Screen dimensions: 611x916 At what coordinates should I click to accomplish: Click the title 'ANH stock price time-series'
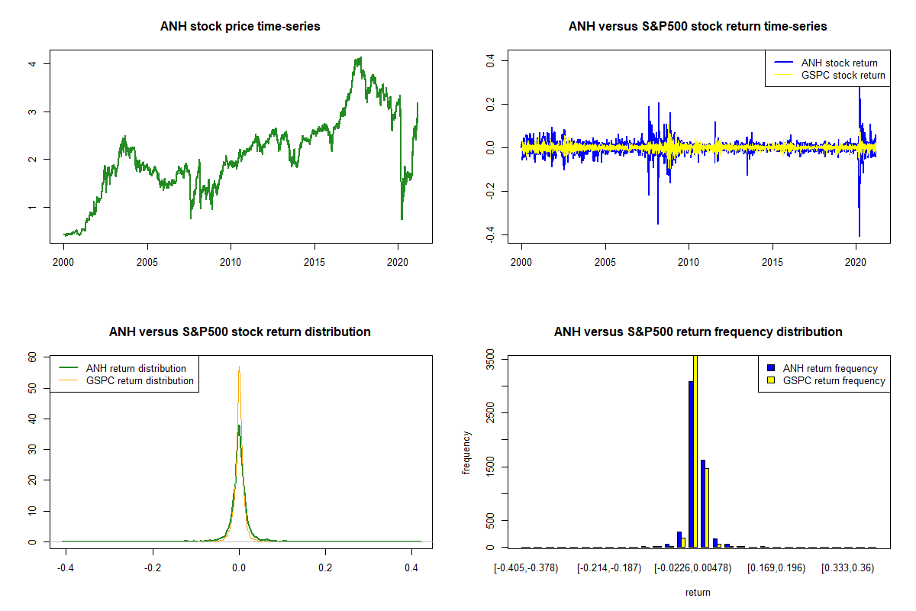click(x=240, y=27)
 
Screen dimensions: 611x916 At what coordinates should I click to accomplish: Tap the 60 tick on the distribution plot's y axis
click(x=33, y=357)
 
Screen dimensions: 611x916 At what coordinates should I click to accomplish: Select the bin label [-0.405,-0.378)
click(x=526, y=567)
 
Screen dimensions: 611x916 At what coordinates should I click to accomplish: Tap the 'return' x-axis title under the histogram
click(x=698, y=592)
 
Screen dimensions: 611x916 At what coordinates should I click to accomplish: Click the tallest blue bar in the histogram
click(x=691, y=464)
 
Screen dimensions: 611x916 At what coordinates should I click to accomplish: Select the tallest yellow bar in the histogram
click(x=695, y=451)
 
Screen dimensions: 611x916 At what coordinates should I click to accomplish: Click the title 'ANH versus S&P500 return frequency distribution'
click(x=698, y=332)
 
